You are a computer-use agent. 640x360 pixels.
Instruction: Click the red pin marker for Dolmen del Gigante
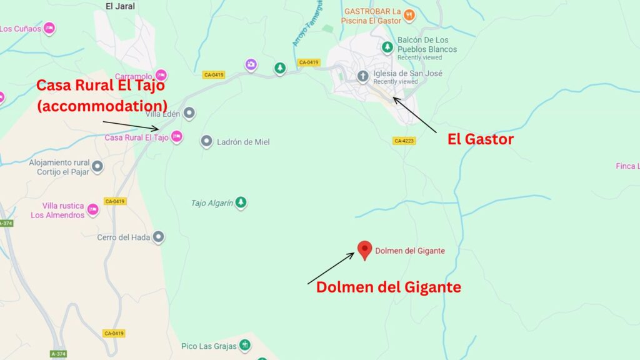(364, 249)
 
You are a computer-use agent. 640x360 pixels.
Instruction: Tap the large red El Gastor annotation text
(480, 139)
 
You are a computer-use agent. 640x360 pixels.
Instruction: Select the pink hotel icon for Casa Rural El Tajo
(177, 136)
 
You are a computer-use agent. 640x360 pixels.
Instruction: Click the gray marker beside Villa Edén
(189, 113)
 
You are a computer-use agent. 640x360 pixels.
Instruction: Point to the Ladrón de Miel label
(242, 142)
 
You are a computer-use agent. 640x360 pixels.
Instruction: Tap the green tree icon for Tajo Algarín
(241, 202)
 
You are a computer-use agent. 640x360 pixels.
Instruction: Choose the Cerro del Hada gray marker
(159, 237)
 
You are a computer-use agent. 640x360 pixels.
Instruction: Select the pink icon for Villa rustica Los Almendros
(93, 209)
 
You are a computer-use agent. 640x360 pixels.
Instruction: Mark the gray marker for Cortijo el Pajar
(97, 166)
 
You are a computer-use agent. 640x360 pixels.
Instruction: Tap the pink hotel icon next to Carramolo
(161, 75)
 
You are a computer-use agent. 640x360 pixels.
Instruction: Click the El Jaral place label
(120, 6)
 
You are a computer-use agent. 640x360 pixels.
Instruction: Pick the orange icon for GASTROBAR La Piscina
(409, 14)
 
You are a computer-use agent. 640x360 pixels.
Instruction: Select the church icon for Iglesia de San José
(362, 77)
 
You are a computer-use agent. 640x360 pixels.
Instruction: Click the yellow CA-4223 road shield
(404, 141)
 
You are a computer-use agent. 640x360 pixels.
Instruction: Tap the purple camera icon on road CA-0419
(251, 64)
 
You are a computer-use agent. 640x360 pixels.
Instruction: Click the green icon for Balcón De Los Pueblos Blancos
(387, 47)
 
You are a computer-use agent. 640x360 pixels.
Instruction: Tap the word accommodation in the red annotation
(102, 105)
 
